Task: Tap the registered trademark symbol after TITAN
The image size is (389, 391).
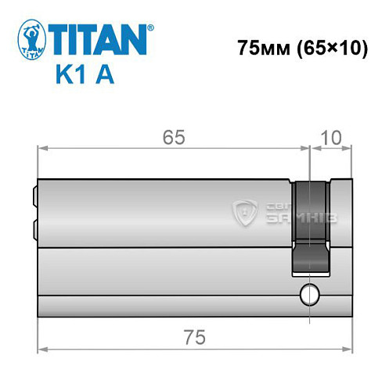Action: pos(151,26)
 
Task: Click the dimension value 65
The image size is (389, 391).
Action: pos(174,137)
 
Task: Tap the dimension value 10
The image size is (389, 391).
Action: pos(330,137)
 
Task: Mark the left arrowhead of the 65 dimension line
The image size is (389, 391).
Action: pos(43,148)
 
